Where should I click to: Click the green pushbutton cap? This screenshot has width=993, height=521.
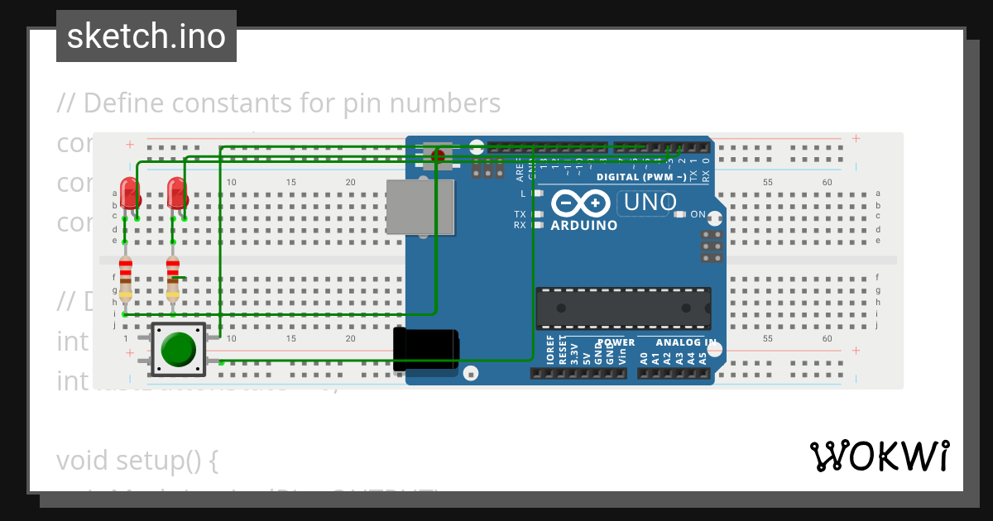point(178,350)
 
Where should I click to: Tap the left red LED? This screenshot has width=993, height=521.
point(129,193)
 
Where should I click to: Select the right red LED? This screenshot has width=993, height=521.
point(176,193)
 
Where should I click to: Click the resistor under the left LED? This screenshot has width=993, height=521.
point(125,278)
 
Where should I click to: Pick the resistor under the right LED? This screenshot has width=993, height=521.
point(172,278)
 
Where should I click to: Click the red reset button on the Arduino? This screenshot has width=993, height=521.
point(437,154)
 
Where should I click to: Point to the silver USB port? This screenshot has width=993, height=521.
point(420,207)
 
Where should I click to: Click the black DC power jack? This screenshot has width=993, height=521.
point(426,349)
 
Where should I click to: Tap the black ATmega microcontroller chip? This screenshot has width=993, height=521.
point(622,308)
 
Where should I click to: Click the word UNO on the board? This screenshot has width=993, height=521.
point(650,202)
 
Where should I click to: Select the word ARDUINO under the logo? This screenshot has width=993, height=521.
point(583,225)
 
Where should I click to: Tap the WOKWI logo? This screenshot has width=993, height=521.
point(880,456)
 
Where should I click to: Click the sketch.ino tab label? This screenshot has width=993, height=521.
point(146,36)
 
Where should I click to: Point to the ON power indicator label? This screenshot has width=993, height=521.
point(698,214)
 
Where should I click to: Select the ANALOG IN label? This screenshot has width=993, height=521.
point(686,342)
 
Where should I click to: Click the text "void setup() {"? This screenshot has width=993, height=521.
point(137,460)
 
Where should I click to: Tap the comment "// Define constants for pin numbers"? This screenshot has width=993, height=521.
point(279,103)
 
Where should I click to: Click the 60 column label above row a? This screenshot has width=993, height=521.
point(827,182)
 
